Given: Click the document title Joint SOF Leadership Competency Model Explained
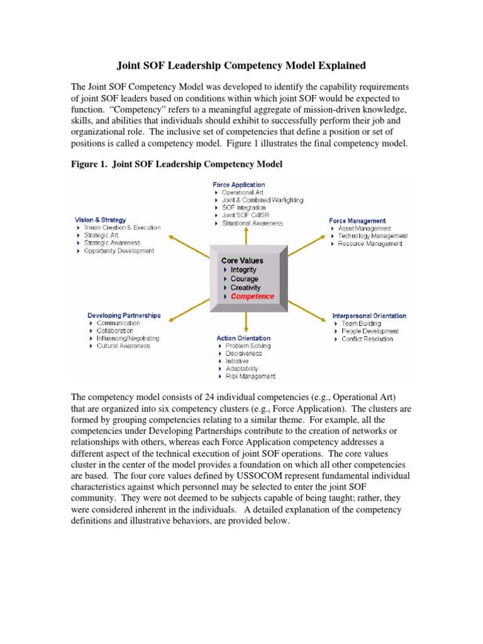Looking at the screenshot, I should coord(241,65).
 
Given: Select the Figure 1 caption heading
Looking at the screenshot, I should coord(177,164).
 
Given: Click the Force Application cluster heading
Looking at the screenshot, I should coord(238,185).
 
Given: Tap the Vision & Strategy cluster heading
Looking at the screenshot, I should coord(101,219).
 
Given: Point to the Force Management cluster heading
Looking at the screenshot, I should coord(357,221).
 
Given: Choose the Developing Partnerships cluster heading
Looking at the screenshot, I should coord(123,315).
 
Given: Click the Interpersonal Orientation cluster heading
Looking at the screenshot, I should coord(369,316).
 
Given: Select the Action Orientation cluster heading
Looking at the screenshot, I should coord(244,338).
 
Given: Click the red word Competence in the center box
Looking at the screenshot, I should coord(252,296).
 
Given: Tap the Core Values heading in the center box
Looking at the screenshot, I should coord(242,260).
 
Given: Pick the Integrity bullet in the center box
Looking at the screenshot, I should coord(243,270).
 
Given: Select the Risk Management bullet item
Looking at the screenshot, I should coord(250,377).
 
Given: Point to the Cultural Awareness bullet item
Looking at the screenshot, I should coord(123,346).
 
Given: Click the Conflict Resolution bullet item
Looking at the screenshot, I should coord(367,339).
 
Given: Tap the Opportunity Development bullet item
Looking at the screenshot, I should coord(119,251).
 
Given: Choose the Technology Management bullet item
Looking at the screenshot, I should coord(372,236).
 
